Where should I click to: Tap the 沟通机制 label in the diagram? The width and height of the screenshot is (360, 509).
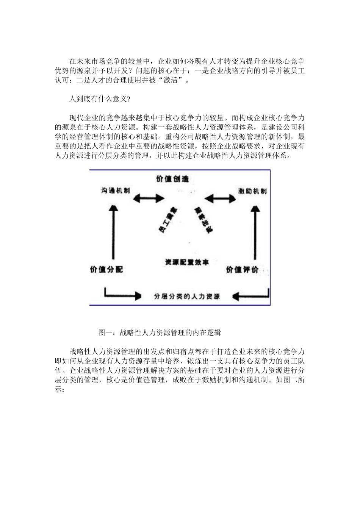(x=115, y=190)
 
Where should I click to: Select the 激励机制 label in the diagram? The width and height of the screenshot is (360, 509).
(x=252, y=190)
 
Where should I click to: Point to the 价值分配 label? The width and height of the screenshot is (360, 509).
(x=106, y=270)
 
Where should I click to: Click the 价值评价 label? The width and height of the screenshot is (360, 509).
(x=243, y=270)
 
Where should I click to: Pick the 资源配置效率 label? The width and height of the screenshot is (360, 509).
(x=187, y=262)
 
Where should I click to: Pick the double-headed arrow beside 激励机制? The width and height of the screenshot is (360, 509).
(x=220, y=198)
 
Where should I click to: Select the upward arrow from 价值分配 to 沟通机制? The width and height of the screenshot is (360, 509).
(x=112, y=231)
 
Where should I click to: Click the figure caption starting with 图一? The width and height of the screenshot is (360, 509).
(x=160, y=333)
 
